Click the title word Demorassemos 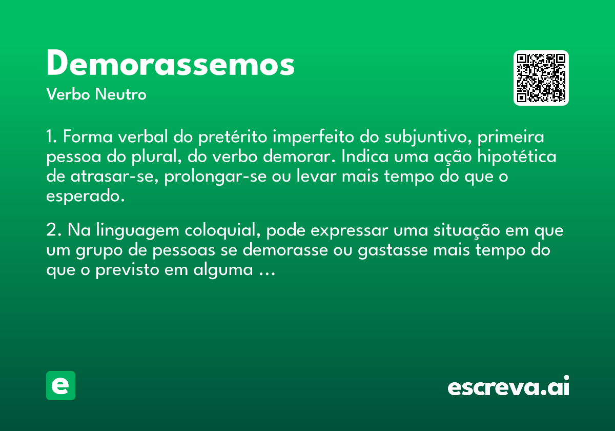(x=170, y=63)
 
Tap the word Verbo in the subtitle (x=68, y=94)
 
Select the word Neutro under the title (x=120, y=94)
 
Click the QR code (x=541, y=78)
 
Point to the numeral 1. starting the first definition (x=52, y=136)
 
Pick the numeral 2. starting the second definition (x=54, y=230)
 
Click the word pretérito (x=233, y=137)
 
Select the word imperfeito (x=313, y=137)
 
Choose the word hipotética (x=517, y=156)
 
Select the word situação (x=466, y=230)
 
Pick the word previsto (x=127, y=270)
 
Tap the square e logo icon (x=60, y=385)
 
